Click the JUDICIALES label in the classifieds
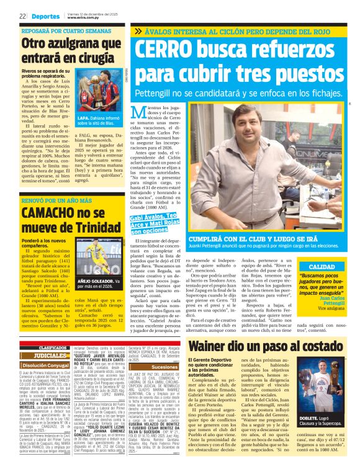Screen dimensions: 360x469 pos(47,355)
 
